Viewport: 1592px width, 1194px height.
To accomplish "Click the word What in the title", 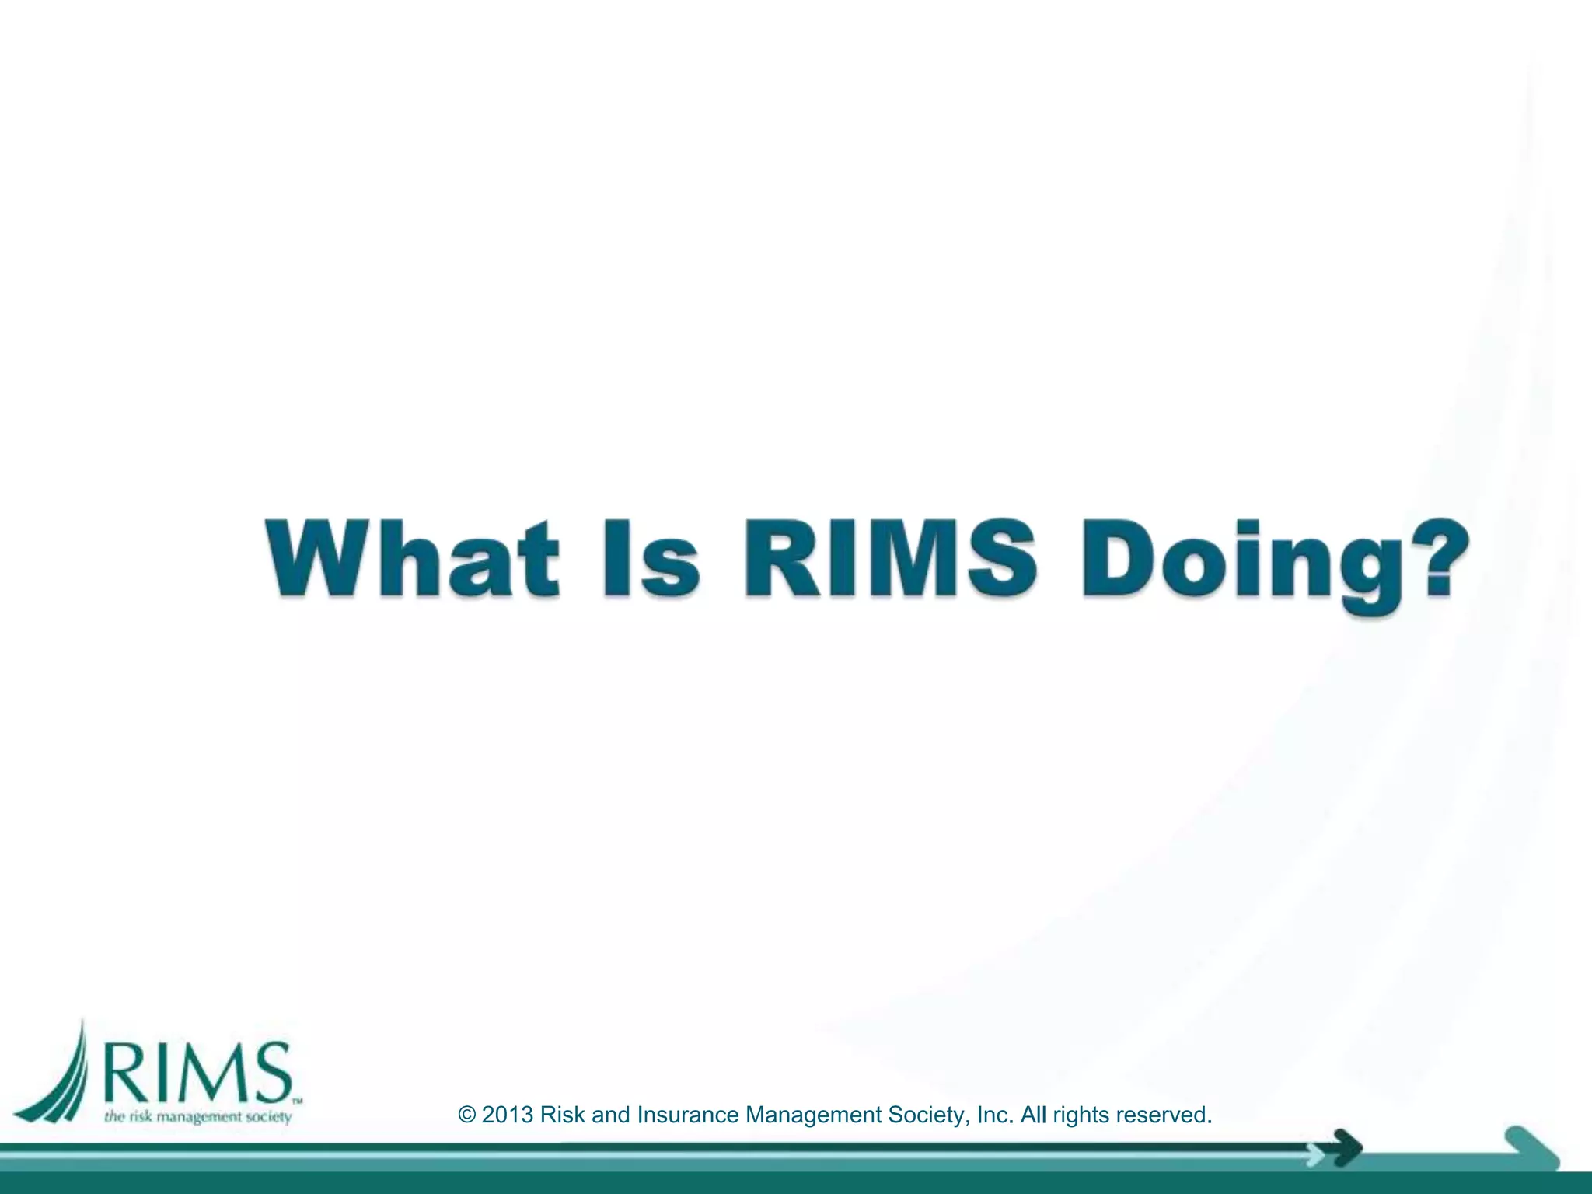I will [413, 558].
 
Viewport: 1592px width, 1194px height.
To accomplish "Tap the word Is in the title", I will [651, 558].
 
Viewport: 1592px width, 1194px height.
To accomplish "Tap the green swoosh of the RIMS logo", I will [58, 1077].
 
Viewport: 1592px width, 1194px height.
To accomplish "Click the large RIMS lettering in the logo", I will [198, 1072].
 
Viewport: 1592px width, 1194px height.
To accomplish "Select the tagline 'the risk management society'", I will [197, 1117].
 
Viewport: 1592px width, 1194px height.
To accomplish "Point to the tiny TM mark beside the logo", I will [297, 1101].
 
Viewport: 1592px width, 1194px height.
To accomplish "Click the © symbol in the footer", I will [467, 1115].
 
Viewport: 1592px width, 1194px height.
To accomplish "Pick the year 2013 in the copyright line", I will [508, 1115].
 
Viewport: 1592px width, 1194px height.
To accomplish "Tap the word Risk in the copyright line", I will [562, 1115].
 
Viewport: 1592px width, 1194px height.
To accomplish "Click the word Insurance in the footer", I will [687, 1115].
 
